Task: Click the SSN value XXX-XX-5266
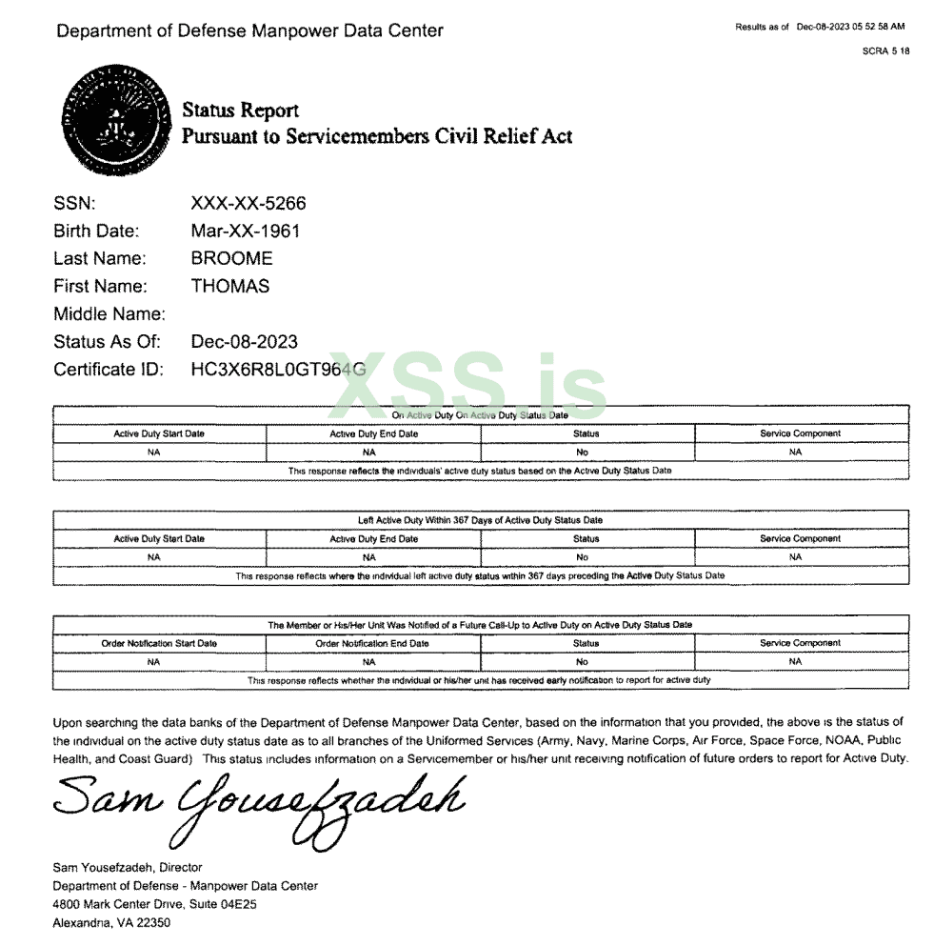[x=248, y=203]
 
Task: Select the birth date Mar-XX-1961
[x=246, y=231]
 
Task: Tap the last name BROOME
[x=231, y=258]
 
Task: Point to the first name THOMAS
[x=229, y=286]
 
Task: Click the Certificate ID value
[x=278, y=369]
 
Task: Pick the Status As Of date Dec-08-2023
[x=244, y=341]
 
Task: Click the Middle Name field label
[x=109, y=313]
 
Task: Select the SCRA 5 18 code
[x=885, y=50]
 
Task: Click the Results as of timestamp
[x=820, y=27]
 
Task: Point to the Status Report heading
[x=240, y=111]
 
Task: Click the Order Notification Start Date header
[x=159, y=643]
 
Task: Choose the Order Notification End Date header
[x=372, y=643]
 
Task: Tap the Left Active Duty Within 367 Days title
[x=480, y=520]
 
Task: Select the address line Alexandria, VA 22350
[x=111, y=922]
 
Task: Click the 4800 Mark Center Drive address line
[x=155, y=904]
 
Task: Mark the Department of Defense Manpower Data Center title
[x=249, y=30]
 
